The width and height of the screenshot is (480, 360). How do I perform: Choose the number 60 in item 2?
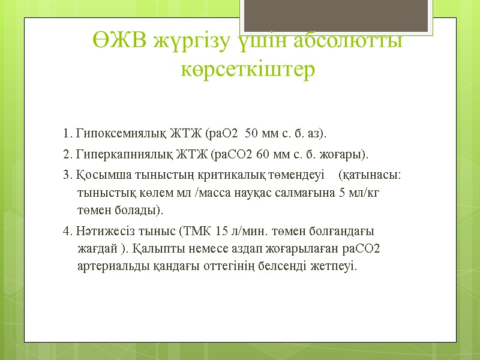coord(263,154)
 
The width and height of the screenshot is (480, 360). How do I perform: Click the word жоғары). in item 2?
coord(347,154)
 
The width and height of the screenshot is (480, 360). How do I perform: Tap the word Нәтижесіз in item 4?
coord(100,231)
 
